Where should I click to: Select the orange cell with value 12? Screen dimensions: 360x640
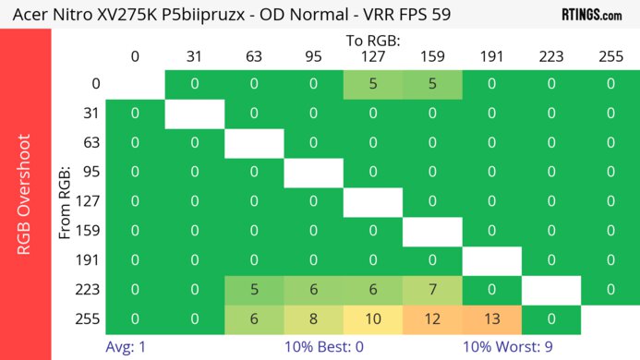(x=431, y=318)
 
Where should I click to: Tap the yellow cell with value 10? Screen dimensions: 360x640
(x=372, y=318)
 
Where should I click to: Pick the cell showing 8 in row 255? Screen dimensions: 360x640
(x=313, y=318)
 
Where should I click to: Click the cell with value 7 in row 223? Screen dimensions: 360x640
(x=431, y=290)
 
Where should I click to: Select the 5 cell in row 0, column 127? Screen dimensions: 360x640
(x=372, y=84)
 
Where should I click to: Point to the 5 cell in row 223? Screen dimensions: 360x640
(x=254, y=290)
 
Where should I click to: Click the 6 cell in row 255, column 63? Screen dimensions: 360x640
(x=254, y=318)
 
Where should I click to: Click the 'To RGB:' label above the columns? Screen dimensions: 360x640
(x=372, y=41)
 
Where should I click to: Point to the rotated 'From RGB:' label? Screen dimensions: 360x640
(x=66, y=201)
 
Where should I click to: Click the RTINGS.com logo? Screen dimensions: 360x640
(x=591, y=15)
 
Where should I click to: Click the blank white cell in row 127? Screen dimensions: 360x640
(x=372, y=201)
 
